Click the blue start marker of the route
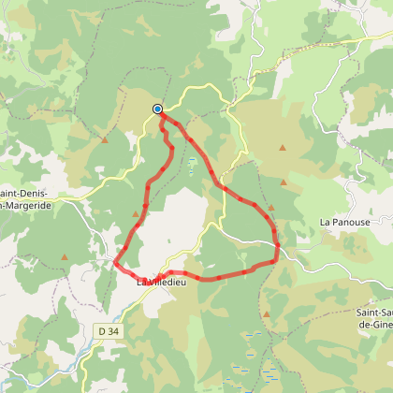(158, 109)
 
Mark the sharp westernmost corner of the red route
(115, 263)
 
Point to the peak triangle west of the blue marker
(105, 140)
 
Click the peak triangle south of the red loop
(266, 314)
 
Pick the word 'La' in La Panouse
(324, 223)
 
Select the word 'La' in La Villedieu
(141, 281)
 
